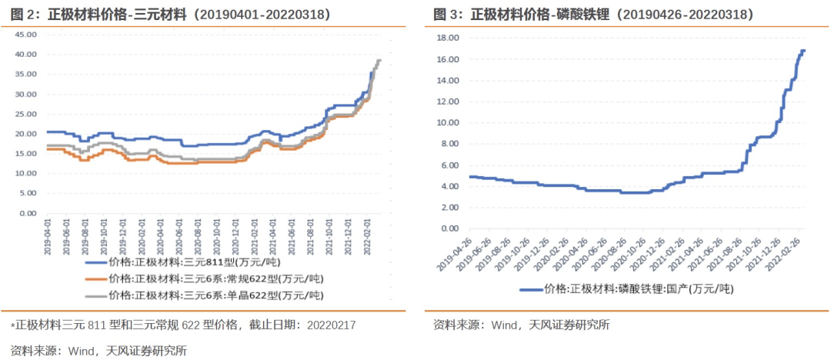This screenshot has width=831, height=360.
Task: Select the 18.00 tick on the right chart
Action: (448, 38)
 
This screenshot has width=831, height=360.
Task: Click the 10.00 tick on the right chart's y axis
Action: (448, 123)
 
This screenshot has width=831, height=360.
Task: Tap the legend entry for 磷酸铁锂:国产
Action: (627, 289)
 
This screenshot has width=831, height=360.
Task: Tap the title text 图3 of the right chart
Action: (444, 14)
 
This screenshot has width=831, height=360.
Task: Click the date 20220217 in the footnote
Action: (331, 325)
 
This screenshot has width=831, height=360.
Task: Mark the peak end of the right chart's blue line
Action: (804, 51)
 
